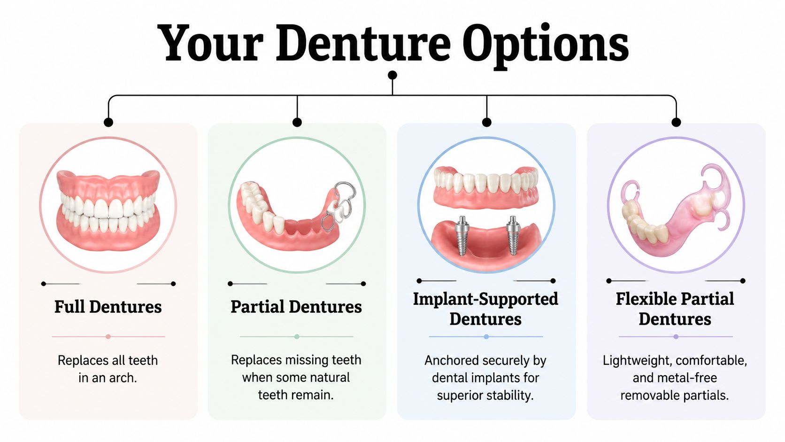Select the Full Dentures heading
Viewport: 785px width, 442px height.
[108, 307]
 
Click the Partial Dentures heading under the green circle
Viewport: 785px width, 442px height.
[296, 307]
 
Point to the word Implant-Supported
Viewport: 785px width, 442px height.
[485, 299]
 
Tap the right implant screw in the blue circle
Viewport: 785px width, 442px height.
[512, 235]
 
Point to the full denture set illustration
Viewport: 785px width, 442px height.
[108, 207]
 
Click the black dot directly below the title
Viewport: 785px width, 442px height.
[392, 75]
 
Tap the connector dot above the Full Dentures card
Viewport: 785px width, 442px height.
[108, 122]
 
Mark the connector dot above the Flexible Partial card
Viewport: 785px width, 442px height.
[676, 122]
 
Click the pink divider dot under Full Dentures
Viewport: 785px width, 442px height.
[108, 337]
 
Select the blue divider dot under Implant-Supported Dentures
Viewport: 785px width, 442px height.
[486, 337]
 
